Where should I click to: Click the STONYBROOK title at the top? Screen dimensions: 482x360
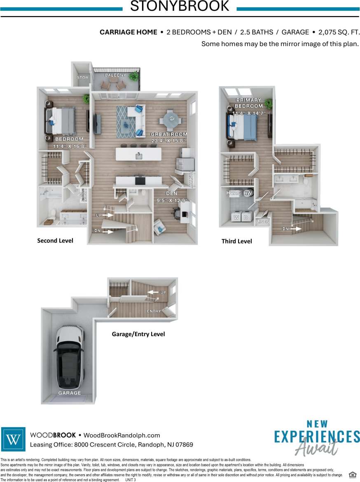point(180,7)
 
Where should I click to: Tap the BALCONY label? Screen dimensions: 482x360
point(115,75)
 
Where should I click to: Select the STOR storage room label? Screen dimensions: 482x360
point(83,77)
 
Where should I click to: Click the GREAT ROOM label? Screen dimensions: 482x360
point(168,134)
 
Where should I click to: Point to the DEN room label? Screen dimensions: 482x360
point(171,193)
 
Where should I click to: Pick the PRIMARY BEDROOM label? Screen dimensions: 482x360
point(248,103)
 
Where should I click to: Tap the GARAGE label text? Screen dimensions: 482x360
point(70,393)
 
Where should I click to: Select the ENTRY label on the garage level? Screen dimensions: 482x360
point(154,311)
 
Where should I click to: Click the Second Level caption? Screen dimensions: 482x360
point(55,241)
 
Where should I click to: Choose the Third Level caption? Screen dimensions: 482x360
point(236,241)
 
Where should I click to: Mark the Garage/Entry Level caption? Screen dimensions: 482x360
point(138,334)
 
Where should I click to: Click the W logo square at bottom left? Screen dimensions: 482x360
point(14,440)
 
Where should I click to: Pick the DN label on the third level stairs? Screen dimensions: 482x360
point(285,229)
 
